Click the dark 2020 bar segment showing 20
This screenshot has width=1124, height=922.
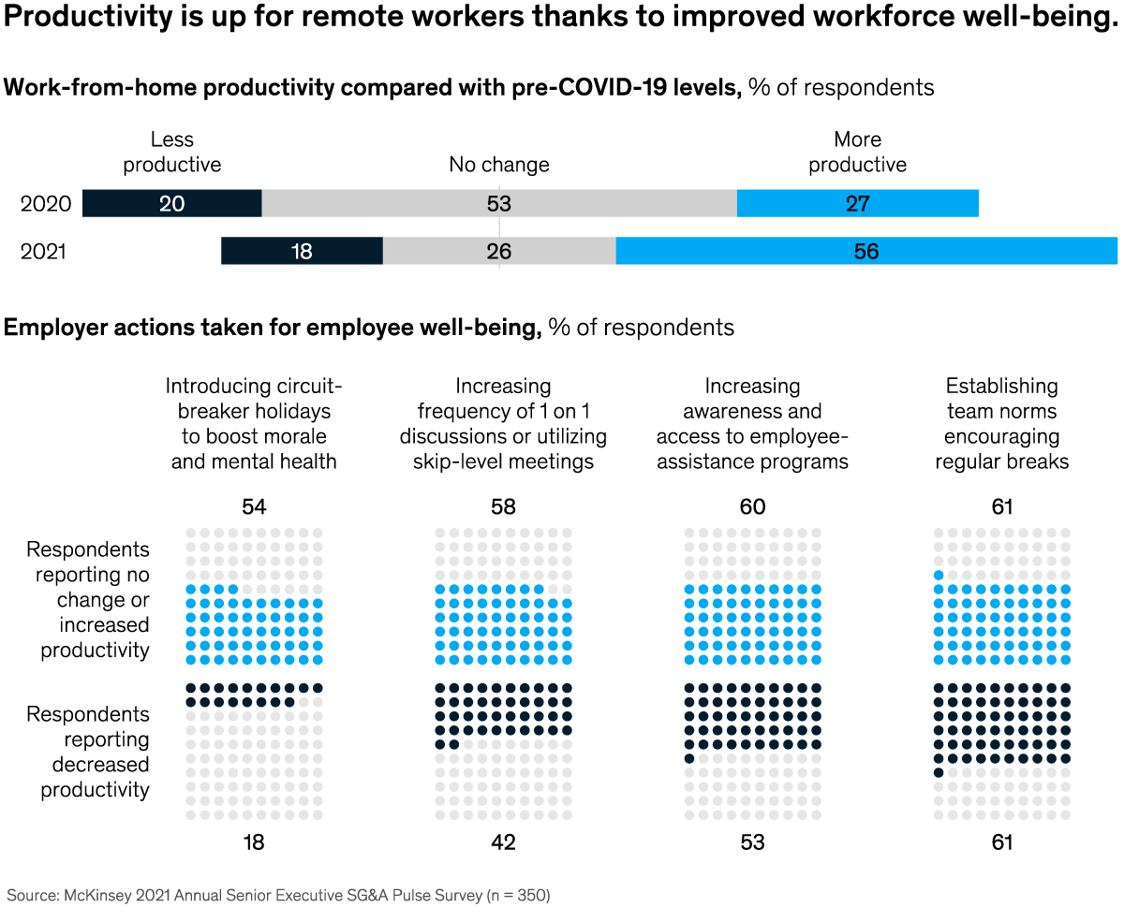coord(171,203)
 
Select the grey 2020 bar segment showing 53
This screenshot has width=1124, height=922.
coord(499,203)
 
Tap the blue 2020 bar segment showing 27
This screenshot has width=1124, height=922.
coord(857,203)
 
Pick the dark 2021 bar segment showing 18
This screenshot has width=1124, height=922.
coord(302,251)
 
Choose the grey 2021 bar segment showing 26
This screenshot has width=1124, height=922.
coord(499,251)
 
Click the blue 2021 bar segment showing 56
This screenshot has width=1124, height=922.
coord(866,251)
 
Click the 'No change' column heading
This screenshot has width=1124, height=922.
coord(499,165)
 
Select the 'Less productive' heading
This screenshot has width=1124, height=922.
coord(172,152)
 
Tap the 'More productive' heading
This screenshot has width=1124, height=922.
coord(858,152)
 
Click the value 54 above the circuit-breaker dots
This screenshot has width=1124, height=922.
coord(254,507)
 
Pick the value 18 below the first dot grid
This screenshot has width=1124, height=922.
coord(254,842)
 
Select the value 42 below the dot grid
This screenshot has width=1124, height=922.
coord(503,842)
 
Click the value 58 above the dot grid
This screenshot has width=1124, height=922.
coord(503,507)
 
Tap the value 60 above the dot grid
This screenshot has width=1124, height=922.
coord(752,507)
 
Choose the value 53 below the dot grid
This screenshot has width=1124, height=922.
coord(752,842)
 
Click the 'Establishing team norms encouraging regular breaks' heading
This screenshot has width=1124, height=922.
coord(1002,424)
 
